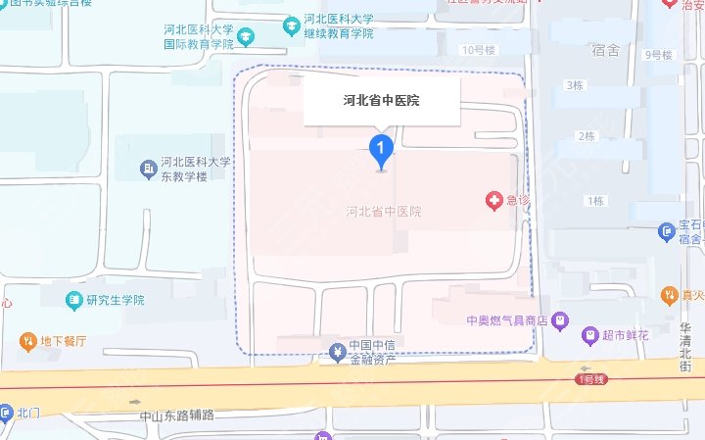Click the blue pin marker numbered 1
[x=381, y=150]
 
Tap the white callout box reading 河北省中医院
[x=382, y=100]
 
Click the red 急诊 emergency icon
[x=494, y=201]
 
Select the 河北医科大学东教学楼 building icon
[x=148, y=170]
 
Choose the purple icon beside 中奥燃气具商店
[x=559, y=319]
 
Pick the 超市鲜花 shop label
[x=627, y=335]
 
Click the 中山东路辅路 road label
[x=176, y=416]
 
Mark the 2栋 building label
[x=587, y=136]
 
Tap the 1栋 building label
[x=594, y=201]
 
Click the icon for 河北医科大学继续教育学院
[x=291, y=25]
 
